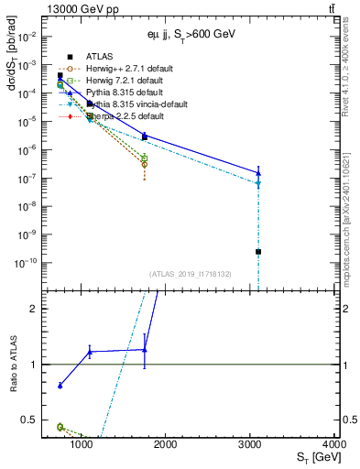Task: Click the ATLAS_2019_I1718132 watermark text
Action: click(189, 273)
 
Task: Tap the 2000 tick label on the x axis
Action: click(166, 444)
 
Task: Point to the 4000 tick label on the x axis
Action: click(333, 444)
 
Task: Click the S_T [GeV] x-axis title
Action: click(314, 457)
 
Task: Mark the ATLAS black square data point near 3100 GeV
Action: click(258, 251)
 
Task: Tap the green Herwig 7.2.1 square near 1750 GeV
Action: click(145, 158)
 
